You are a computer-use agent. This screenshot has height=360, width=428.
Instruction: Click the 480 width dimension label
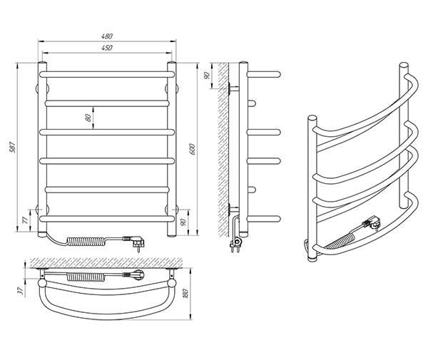click(x=107, y=36)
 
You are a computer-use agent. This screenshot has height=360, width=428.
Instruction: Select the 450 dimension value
click(x=107, y=48)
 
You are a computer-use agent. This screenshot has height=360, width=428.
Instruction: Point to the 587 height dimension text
click(x=13, y=148)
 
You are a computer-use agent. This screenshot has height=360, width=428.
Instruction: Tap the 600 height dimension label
click(x=192, y=149)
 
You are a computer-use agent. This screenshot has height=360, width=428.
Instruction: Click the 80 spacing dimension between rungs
click(x=88, y=118)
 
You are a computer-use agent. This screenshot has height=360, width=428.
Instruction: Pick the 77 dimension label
click(x=25, y=220)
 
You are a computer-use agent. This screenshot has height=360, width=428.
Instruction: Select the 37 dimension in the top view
click(x=20, y=292)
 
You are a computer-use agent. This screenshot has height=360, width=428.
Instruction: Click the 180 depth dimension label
click(x=185, y=294)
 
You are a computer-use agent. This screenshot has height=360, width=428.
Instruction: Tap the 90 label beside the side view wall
click(x=207, y=76)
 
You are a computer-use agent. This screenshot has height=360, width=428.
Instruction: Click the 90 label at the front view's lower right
click(x=183, y=222)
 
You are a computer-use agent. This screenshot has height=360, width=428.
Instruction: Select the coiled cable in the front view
click(x=86, y=241)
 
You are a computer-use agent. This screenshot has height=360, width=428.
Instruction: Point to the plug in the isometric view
click(x=372, y=222)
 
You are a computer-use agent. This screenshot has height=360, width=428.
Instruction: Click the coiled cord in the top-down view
click(x=86, y=277)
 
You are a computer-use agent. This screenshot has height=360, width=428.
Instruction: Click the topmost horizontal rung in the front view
click(x=107, y=74)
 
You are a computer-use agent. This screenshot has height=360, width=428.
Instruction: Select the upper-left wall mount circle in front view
click(x=42, y=88)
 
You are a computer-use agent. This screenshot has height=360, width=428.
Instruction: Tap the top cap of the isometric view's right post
click(x=404, y=65)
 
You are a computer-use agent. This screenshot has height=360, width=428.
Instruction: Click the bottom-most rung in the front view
click(x=107, y=219)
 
